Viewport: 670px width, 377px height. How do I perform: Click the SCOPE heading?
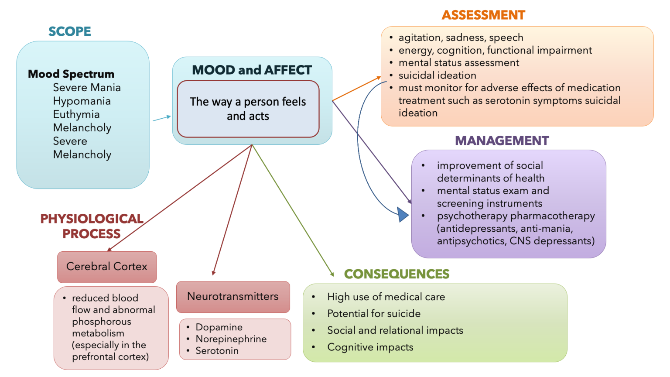(70, 31)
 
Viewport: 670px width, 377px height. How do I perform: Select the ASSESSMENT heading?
(483, 15)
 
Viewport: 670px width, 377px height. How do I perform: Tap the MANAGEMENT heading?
(502, 141)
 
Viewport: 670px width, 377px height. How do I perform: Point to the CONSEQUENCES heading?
(397, 274)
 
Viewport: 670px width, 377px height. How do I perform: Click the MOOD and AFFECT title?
(252, 70)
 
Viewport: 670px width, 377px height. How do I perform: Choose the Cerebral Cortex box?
(107, 267)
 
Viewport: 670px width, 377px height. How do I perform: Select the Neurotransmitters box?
(233, 297)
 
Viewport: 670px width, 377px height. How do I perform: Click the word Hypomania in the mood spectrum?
(82, 101)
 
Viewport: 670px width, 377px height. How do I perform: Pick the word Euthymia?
(76, 114)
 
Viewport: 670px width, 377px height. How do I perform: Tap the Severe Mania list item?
(87, 88)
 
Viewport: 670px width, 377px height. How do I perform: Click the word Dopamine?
(219, 327)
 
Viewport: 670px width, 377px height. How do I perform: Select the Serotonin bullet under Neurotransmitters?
(217, 351)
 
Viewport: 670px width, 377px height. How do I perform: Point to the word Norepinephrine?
(231, 339)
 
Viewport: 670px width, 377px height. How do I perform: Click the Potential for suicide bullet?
(374, 314)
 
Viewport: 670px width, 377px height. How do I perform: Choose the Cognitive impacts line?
(370, 347)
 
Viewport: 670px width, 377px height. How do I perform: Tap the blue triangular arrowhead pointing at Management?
(403, 215)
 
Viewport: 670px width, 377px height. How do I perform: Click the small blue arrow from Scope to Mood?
(161, 118)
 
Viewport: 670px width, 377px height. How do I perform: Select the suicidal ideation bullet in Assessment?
(437, 75)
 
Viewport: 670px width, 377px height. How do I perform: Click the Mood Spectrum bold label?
(71, 74)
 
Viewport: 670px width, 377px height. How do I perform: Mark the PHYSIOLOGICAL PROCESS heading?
(92, 226)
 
